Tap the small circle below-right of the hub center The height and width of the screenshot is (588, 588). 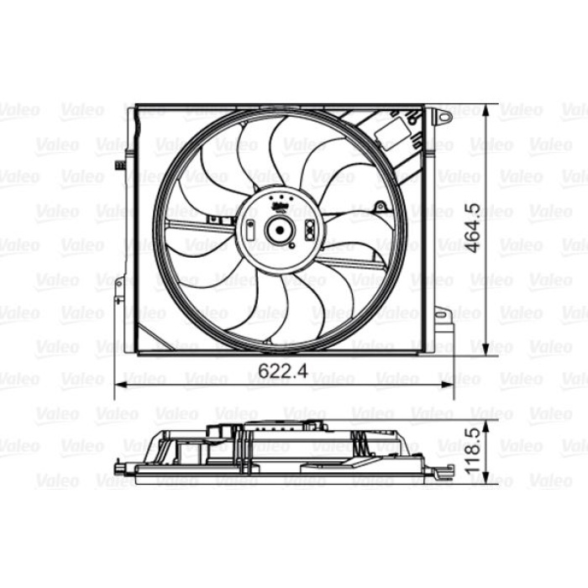coord(295,246)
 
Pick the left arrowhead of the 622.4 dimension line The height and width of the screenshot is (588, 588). coord(119,383)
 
